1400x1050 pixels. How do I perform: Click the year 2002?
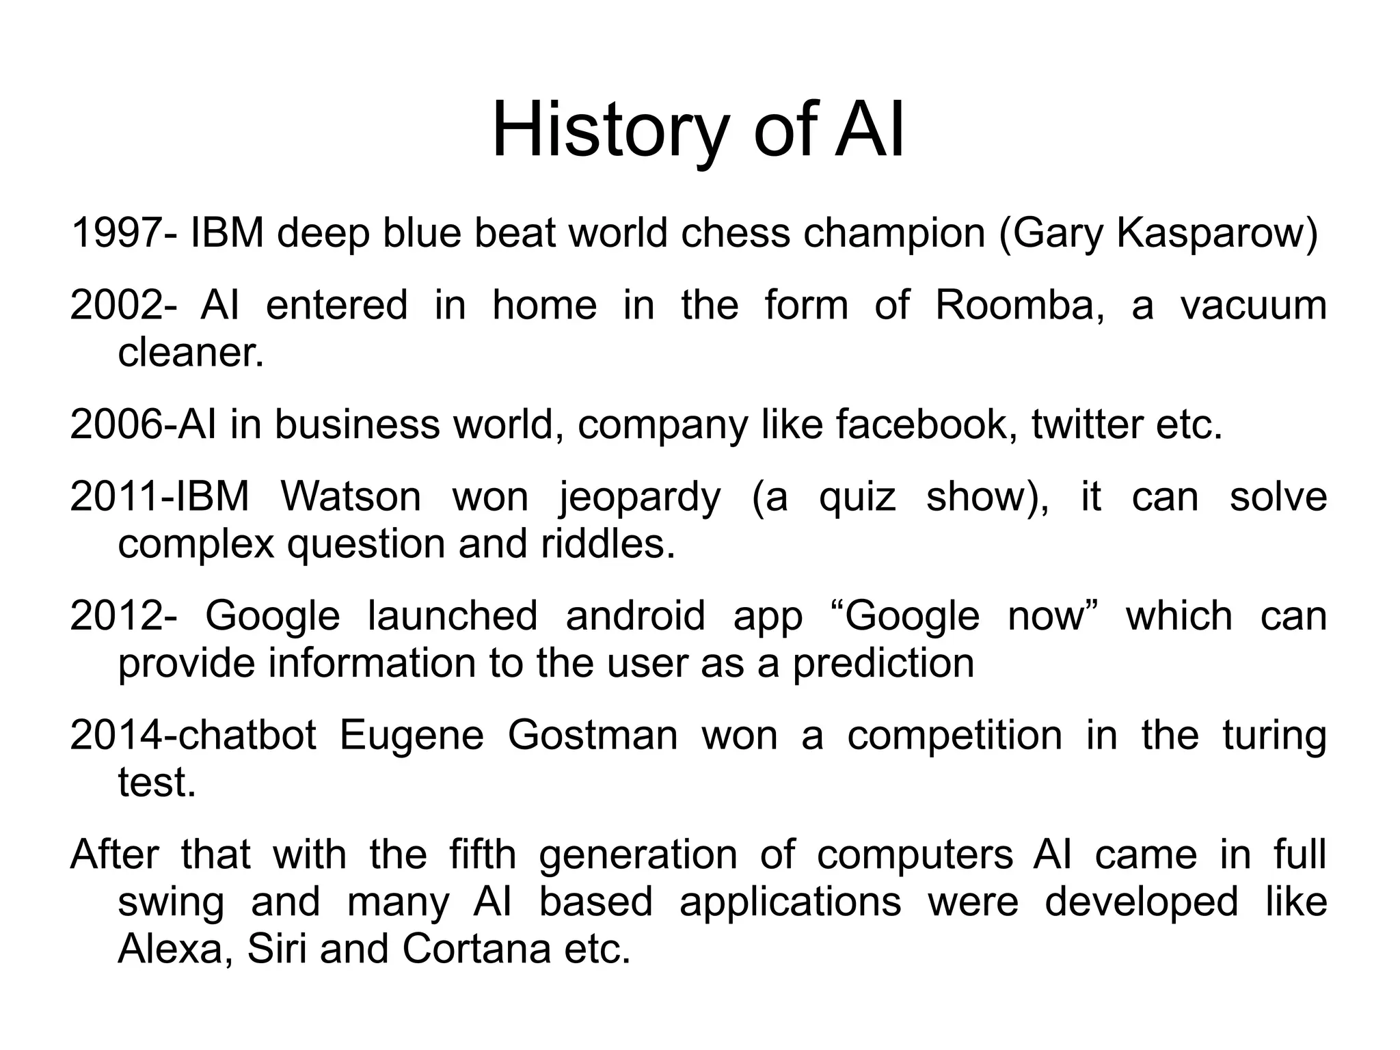point(116,305)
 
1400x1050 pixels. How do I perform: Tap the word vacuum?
point(1254,305)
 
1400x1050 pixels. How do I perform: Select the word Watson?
point(351,496)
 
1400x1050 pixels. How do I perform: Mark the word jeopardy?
point(640,498)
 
